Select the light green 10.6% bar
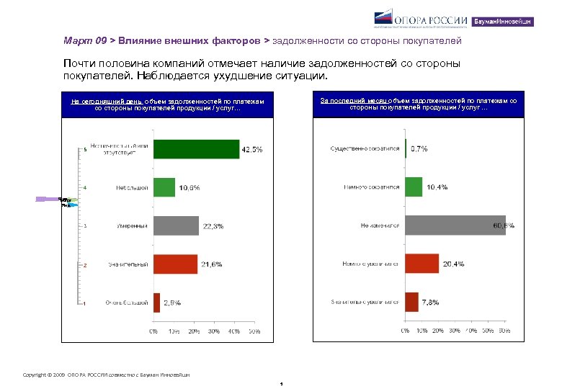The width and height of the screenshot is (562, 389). pyautogui.click(x=164, y=187)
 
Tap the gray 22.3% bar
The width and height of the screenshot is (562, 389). pyautogui.click(x=176, y=225)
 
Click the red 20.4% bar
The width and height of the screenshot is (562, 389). pyautogui.click(x=422, y=263)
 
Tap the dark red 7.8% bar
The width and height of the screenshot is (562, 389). pyautogui.click(x=411, y=301)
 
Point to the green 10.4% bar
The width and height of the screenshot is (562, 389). pyautogui.click(x=414, y=187)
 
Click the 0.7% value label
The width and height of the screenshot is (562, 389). pyautogui.click(x=419, y=149)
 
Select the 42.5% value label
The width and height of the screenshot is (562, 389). pyautogui.click(x=251, y=150)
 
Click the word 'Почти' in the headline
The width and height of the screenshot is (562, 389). pyautogui.click(x=79, y=65)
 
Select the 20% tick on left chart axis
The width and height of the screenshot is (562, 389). pyautogui.click(x=194, y=331)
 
